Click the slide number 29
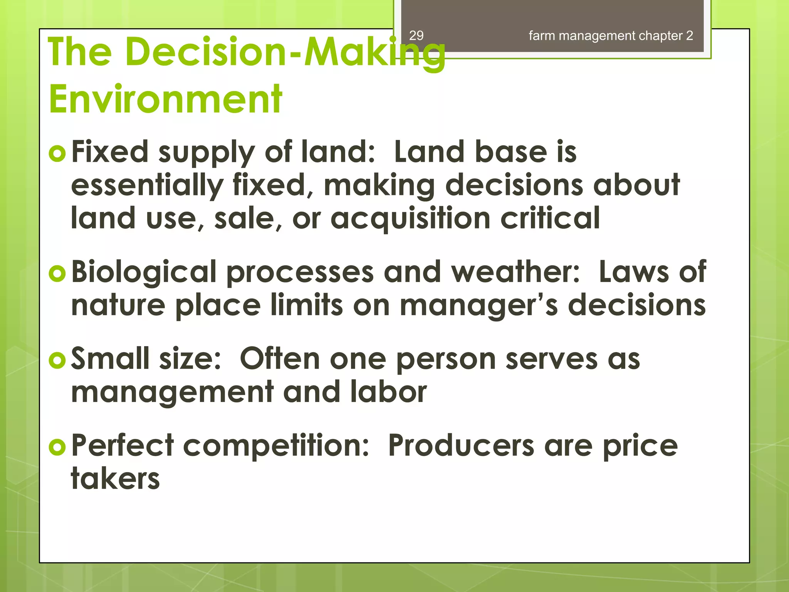coord(416,35)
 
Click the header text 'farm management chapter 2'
coord(611,35)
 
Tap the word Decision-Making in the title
coord(285,52)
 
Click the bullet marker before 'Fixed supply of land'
coord(57,153)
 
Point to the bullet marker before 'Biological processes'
coord(57,273)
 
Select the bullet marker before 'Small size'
coord(57,360)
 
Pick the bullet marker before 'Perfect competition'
coord(57,447)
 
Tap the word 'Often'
coord(280,358)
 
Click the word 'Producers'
coord(461,446)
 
